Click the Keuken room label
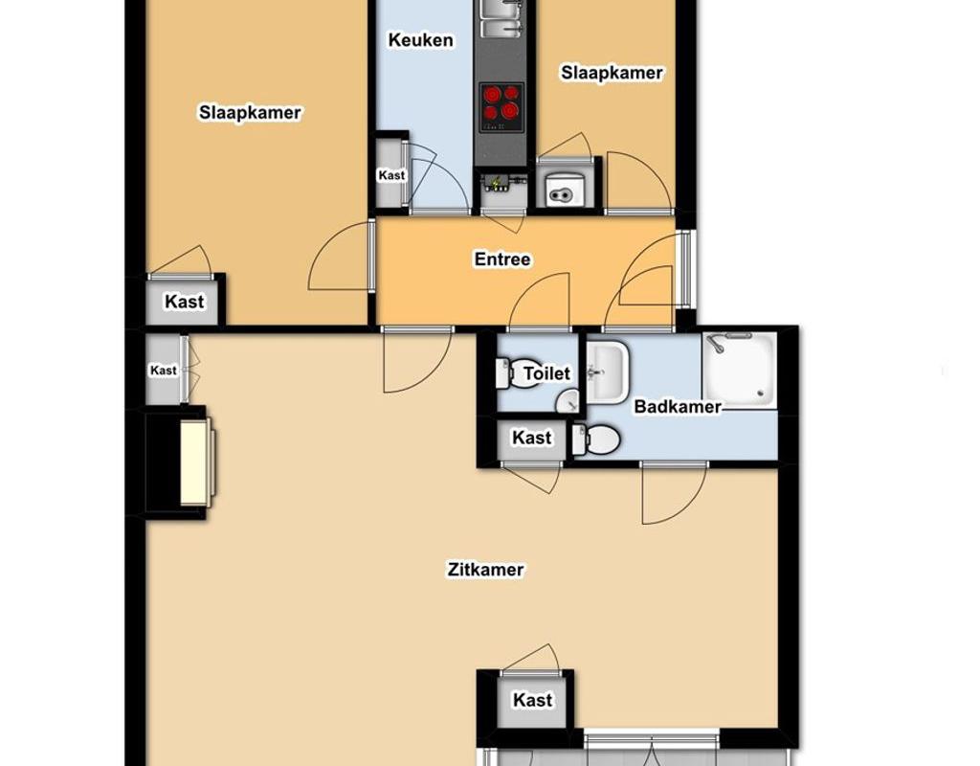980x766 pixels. [421, 40]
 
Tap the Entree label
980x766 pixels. [502, 259]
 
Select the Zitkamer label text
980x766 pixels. [485, 570]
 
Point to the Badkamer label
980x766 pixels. [678, 406]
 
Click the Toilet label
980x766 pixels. [546, 373]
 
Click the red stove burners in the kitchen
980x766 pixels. [501, 102]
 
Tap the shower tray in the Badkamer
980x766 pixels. [740, 371]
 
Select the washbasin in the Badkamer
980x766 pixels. [607, 372]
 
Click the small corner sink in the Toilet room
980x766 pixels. [568, 402]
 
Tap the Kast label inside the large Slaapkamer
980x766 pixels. [185, 302]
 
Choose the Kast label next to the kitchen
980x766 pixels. [391, 175]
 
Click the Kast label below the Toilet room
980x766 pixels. [532, 438]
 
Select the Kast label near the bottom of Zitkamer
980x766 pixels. [532, 700]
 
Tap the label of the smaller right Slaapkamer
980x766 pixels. [612, 73]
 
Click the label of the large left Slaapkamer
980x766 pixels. [250, 113]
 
